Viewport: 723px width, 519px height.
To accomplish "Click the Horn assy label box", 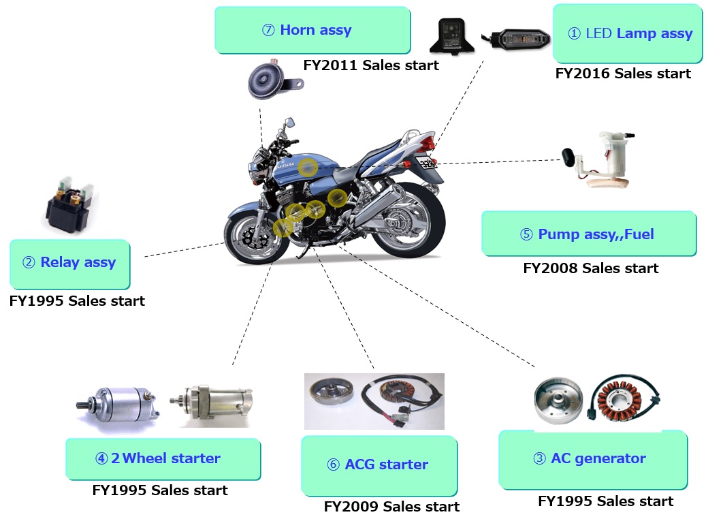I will click(312, 30).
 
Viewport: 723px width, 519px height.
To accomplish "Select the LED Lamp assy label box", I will click(627, 33).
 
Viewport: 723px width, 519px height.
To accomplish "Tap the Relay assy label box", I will click(69, 263).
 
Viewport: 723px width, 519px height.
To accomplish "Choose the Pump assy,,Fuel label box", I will click(588, 234).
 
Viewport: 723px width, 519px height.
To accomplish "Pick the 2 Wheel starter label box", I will click(163, 458).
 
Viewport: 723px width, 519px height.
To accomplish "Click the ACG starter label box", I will click(379, 465).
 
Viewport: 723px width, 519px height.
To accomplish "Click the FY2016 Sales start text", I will click(623, 74).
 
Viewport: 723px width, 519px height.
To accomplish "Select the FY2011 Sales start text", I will click(371, 65).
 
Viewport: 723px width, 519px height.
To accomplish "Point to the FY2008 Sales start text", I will click(590, 268).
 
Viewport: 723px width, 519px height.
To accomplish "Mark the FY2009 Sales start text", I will click(391, 507).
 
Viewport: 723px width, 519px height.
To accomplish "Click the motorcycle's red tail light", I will click(428, 144).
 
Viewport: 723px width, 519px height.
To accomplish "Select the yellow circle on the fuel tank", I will click(309, 167).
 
